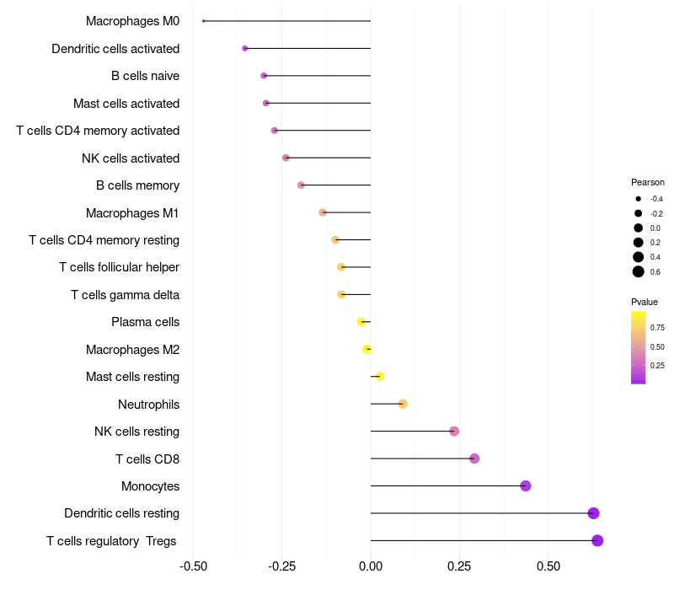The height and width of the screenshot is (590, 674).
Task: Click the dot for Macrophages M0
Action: (x=204, y=21)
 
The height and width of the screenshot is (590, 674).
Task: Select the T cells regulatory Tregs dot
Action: (x=597, y=540)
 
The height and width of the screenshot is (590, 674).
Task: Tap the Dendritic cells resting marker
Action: (x=593, y=513)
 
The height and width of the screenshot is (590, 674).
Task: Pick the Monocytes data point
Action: (x=526, y=485)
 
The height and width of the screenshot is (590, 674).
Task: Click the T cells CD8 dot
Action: (x=474, y=459)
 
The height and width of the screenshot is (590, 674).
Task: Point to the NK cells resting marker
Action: (x=454, y=432)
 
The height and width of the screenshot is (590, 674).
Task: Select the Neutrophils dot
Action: (x=403, y=404)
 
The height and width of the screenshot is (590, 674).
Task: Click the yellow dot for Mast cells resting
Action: (x=380, y=377)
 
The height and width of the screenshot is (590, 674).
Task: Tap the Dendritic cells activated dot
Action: (x=245, y=49)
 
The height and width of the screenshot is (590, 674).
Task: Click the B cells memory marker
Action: (x=301, y=185)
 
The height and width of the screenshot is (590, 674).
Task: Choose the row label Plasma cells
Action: (x=145, y=322)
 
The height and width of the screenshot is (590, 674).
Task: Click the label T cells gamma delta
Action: (x=125, y=295)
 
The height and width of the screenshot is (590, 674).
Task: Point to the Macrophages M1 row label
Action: (x=132, y=213)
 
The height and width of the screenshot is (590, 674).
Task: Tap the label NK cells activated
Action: (x=131, y=158)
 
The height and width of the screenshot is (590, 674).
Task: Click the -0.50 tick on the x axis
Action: (x=194, y=565)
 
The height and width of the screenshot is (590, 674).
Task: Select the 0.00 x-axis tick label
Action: (x=371, y=565)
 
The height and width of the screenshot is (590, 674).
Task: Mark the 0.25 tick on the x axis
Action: (x=459, y=565)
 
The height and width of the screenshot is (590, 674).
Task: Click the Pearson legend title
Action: (x=647, y=182)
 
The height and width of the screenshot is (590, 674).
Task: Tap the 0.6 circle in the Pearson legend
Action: (x=639, y=271)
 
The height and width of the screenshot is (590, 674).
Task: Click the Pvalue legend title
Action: (x=645, y=302)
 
